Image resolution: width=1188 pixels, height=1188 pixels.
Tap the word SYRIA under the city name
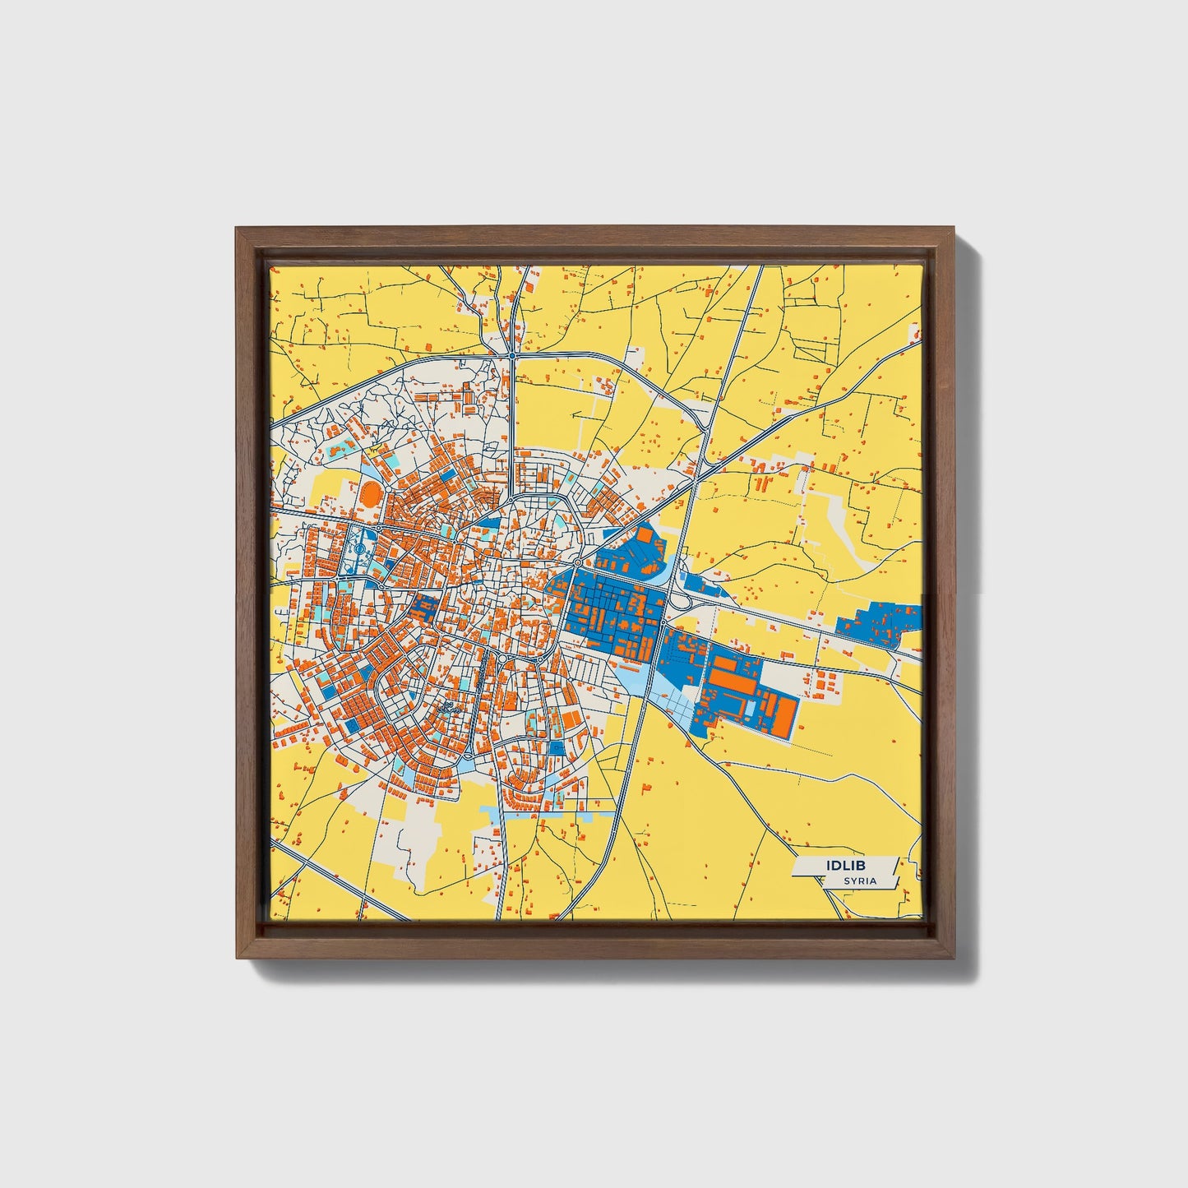(859, 881)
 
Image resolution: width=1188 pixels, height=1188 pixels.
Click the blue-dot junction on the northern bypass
(512, 355)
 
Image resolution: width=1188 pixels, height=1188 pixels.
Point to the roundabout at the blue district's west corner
(578, 562)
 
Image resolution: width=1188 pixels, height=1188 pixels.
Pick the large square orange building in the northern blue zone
(645, 534)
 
